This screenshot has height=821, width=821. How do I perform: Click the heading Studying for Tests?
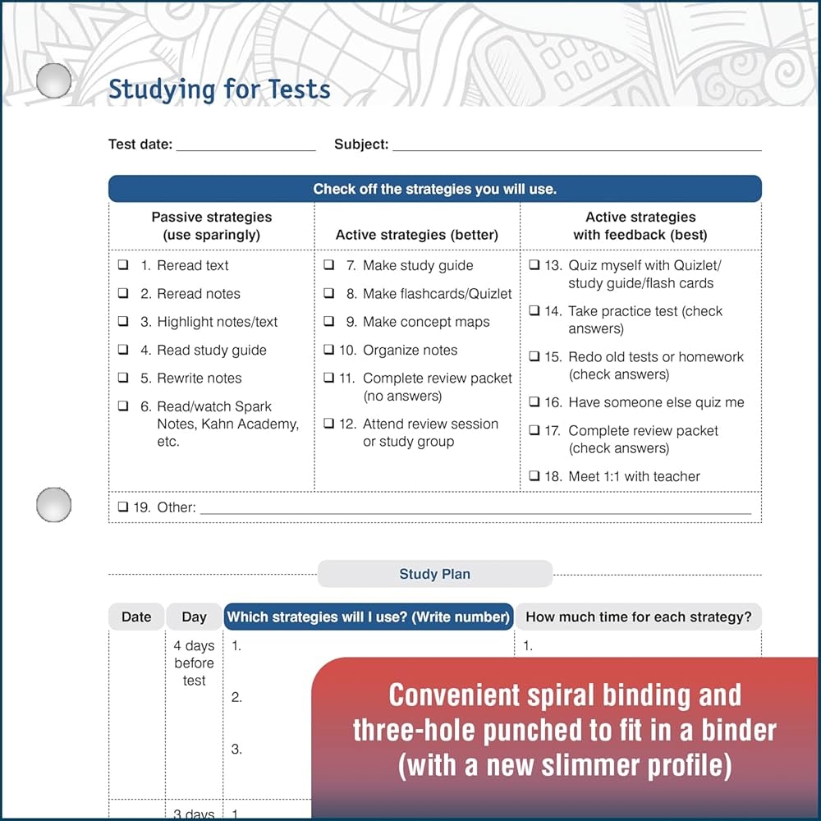[x=219, y=89]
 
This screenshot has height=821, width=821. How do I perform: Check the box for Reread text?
[x=123, y=265]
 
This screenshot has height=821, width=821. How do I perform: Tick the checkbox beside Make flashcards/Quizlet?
[x=328, y=293]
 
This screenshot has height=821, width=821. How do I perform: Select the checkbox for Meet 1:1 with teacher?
[x=534, y=476]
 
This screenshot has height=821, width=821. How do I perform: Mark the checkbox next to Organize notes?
[x=328, y=350]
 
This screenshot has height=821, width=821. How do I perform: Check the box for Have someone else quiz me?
[x=534, y=402]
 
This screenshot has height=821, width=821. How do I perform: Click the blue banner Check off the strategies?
[x=434, y=189]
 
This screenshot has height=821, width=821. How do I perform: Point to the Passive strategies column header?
[x=211, y=226]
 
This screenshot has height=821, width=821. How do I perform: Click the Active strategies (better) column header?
[x=416, y=235]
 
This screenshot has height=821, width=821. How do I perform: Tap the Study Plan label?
[x=434, y=574]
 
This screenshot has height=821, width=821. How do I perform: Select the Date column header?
[x=136, y=617]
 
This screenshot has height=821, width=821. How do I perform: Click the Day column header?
[x=194, y=617]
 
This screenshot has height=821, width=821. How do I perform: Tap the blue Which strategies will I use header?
[x=369, y=617]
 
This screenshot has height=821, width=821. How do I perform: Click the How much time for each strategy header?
[x=638, y=617]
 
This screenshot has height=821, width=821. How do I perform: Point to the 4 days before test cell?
[x=194, y=663]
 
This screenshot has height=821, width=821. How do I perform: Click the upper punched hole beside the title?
[x=54, y=80]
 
